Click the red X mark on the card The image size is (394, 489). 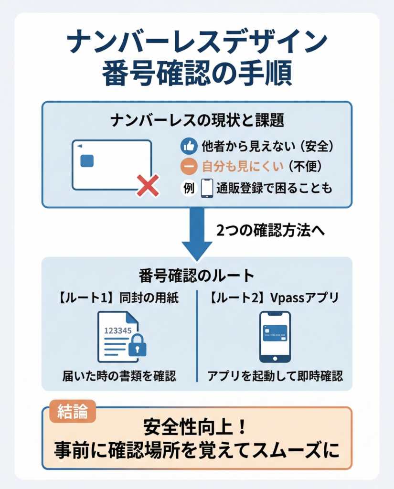coord(148,185)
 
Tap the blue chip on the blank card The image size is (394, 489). coord(87,161)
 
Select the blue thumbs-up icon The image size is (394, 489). coord(189,146)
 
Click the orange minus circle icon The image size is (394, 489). coord(189,167)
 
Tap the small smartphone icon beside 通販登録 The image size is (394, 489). coord(207,188)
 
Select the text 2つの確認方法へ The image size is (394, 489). coord(271,231)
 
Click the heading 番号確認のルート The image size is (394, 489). coord(196,276)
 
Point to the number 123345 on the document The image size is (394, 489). coord(117,330)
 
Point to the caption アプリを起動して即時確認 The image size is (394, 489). coord(275,376)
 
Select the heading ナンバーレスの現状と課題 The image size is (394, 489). coord(197,121)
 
